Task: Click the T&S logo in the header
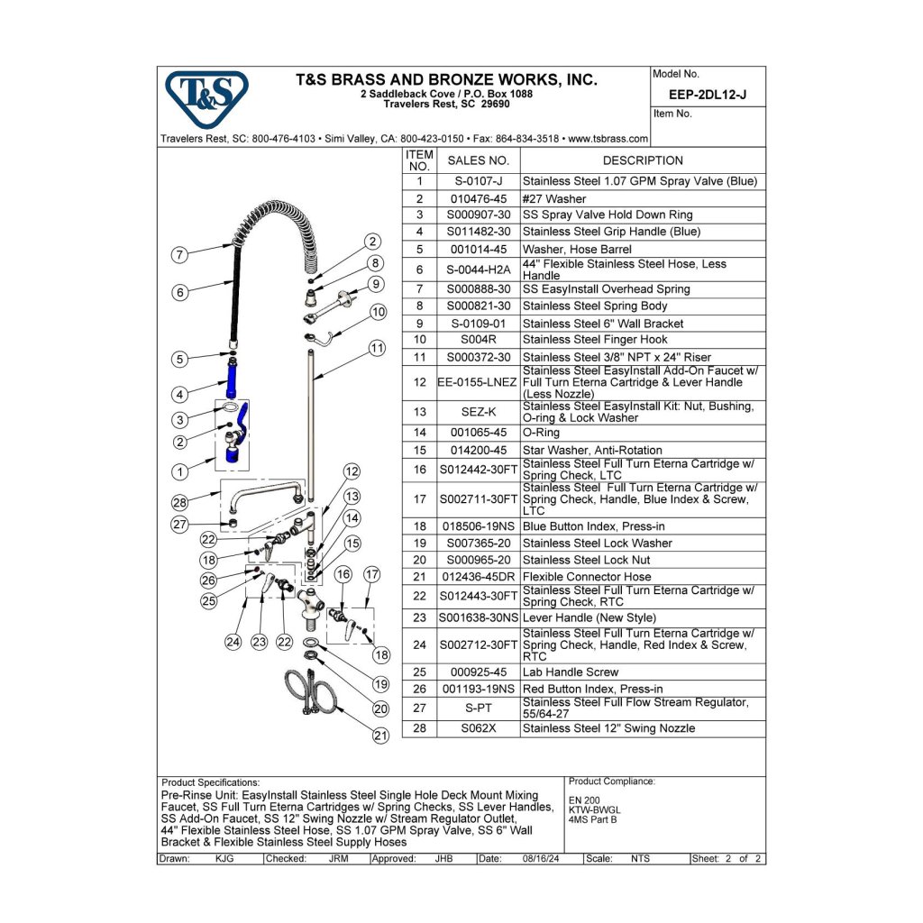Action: [206, 98]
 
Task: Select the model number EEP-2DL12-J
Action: [708, 94]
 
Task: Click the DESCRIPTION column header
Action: [643, 160]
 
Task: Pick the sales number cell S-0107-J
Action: [478, 181]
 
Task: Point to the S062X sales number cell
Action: [478, 728]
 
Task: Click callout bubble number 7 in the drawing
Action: [180, 254]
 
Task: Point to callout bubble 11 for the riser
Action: [377, 347]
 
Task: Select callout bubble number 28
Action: [180, 502]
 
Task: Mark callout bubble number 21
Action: [380, 735]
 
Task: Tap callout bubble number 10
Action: [379, 312]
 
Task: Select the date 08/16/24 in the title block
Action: [541, 859]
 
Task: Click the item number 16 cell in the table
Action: [419, 470]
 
